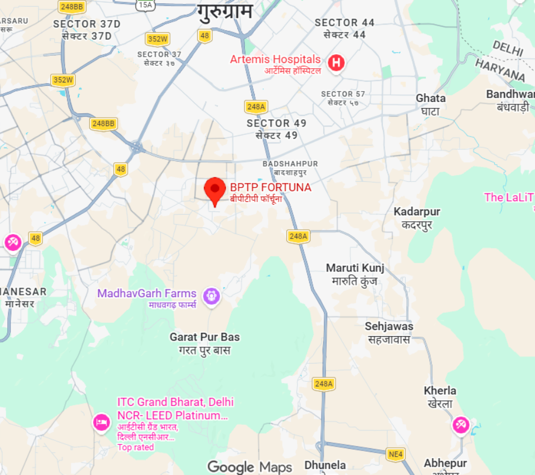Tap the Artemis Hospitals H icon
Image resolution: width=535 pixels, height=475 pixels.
[x=335, y=62]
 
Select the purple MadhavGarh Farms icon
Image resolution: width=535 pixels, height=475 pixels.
[x=211, y=295]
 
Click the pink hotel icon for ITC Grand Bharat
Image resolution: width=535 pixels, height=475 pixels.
[x=101, y=422]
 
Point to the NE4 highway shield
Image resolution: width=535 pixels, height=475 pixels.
[x=395, y=454]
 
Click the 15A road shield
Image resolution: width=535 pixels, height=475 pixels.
[x=145, y=5]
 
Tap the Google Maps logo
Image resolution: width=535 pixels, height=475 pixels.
[x=250, y=467]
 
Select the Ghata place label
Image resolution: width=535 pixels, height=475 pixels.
[x=430, y=99]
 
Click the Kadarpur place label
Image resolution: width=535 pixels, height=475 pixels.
[x=416, y=212]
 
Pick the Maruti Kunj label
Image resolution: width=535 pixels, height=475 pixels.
[x=355, y=268]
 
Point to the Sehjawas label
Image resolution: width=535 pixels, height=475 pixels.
[x=389, y=327]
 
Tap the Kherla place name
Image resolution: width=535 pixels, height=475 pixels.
[x=440, y=391]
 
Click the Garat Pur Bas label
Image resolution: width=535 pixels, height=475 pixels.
[x=205, y=337]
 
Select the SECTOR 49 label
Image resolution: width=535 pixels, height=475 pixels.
[x=276, y=123]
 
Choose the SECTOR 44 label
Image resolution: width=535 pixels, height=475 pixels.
[x=344, y=23]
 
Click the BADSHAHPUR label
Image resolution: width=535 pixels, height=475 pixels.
[x=290, y=164]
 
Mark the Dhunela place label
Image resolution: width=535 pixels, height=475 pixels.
[x=325, y=465]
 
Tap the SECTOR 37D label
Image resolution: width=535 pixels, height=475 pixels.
[x=86, y=24]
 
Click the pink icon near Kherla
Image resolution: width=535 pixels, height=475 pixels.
[x=460, y=425]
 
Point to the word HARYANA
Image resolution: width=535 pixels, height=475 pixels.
[x=500, y=70]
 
